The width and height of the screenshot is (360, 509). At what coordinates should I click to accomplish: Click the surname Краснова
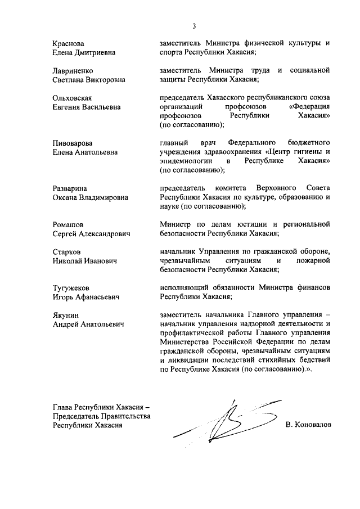coord(69,43)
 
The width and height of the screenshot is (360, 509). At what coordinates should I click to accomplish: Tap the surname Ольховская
coord(72,98)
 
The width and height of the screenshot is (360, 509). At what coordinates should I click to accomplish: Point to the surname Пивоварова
coord(73,143)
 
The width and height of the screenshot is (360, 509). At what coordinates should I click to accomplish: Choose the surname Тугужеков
coord(71,287)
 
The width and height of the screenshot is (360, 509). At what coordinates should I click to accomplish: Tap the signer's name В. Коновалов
coord(309,425)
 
